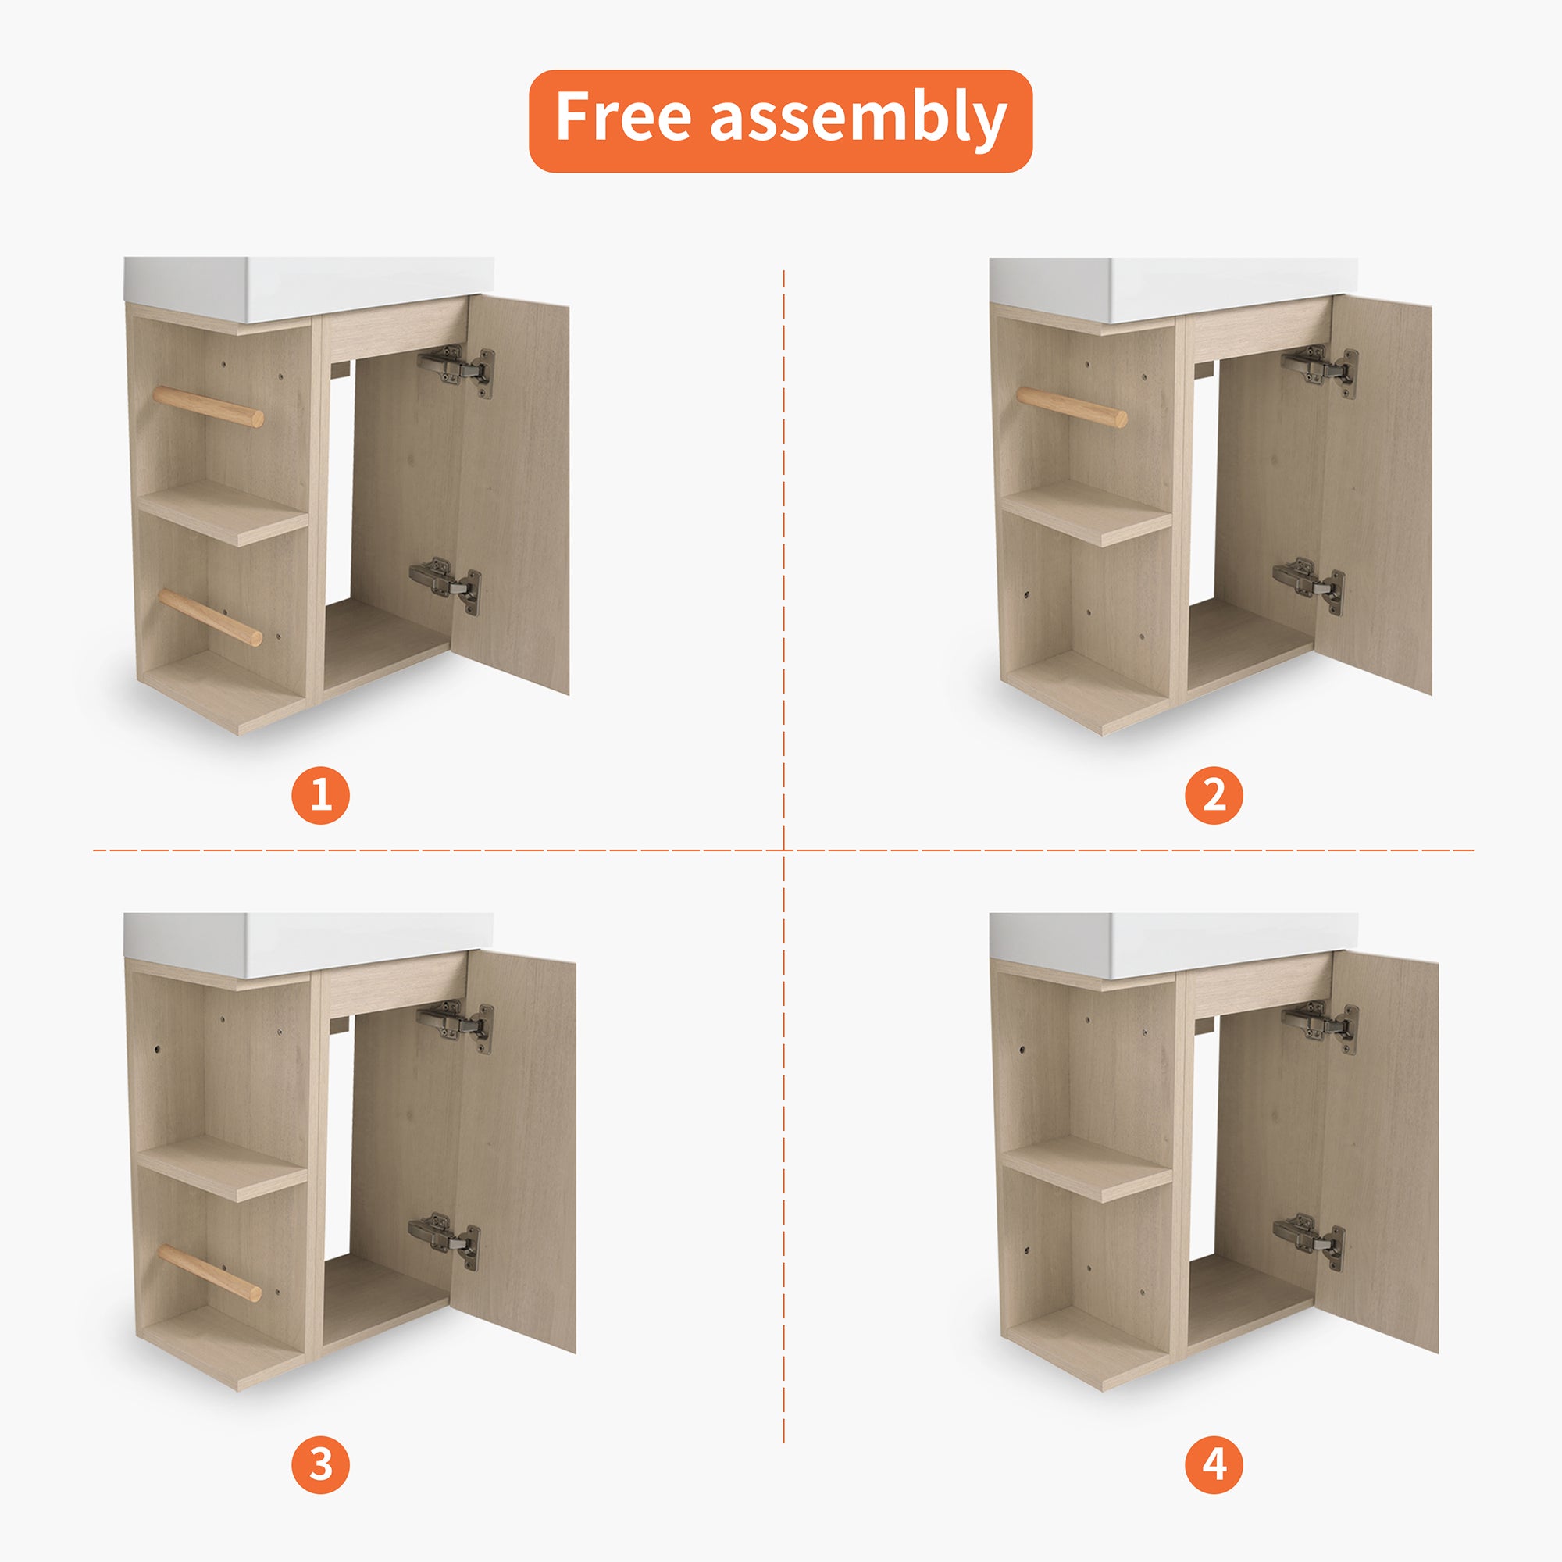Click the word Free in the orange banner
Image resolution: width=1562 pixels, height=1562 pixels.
[x=622, y=116]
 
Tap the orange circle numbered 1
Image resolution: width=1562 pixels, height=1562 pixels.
[x=321, y=795]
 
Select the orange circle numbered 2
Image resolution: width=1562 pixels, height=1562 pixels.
[x=1214, y=795]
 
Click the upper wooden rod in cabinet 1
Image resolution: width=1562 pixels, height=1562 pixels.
[x=208, y=406]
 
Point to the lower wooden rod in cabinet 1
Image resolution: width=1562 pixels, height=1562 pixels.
[x=210, y=616]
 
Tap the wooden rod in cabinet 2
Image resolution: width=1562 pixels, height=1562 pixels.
[x=1072, y=407]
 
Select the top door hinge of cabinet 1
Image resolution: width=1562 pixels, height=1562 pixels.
[x=456, y=370]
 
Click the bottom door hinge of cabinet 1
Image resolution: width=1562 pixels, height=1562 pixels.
[x=445, y=584]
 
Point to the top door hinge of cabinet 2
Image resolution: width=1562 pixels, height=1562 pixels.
[x=1319, y=370]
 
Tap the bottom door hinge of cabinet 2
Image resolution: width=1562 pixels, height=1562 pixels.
[x=1309, y=584]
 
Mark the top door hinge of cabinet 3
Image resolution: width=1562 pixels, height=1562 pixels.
[x=455, y=1027]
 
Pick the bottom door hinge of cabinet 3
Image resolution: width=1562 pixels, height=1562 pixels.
[x=444, y=1241]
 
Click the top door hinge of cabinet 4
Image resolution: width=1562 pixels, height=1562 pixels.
[x=1319, y=1027]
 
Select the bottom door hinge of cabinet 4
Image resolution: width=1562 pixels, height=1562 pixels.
[x=1309, y=1241]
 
